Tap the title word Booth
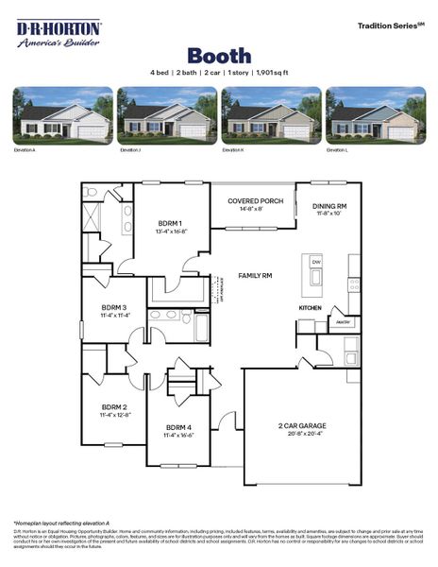(x=218, y=56)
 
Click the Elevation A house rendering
(x=62, y=115)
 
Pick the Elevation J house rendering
(x=167, y=115)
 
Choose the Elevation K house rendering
(x=271, y=115)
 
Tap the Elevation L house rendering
(x=375, y=115)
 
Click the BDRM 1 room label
(x=170, y=222)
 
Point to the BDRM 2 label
(x=113, y=407)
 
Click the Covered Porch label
(x=254, y=201)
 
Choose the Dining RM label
(x=329, y=206)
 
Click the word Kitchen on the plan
(x=311, y=308)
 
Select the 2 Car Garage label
(x=301, y=427)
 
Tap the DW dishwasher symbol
(x=316, y=262)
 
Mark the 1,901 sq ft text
(x=264, y=72)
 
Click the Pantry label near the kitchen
(x=343, y=322)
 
